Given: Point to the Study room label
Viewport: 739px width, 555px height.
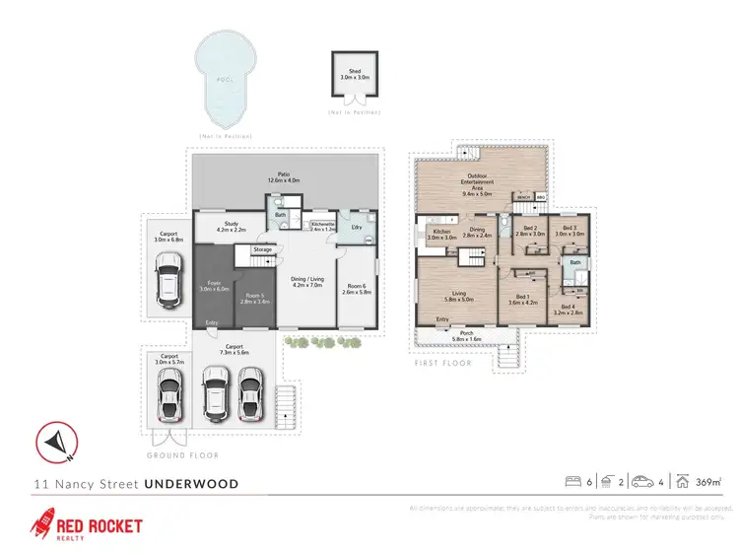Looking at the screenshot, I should coord(231,226).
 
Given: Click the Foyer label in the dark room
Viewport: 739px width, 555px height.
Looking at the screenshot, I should coord(215,286).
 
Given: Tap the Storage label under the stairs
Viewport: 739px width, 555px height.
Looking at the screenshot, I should coord(262,250).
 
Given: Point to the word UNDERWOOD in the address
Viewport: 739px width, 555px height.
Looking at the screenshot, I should coord(191,484).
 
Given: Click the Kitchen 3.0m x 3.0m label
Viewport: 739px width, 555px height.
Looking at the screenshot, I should coord(441,235).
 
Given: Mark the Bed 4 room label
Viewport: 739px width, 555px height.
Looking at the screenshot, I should coord(569,310).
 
